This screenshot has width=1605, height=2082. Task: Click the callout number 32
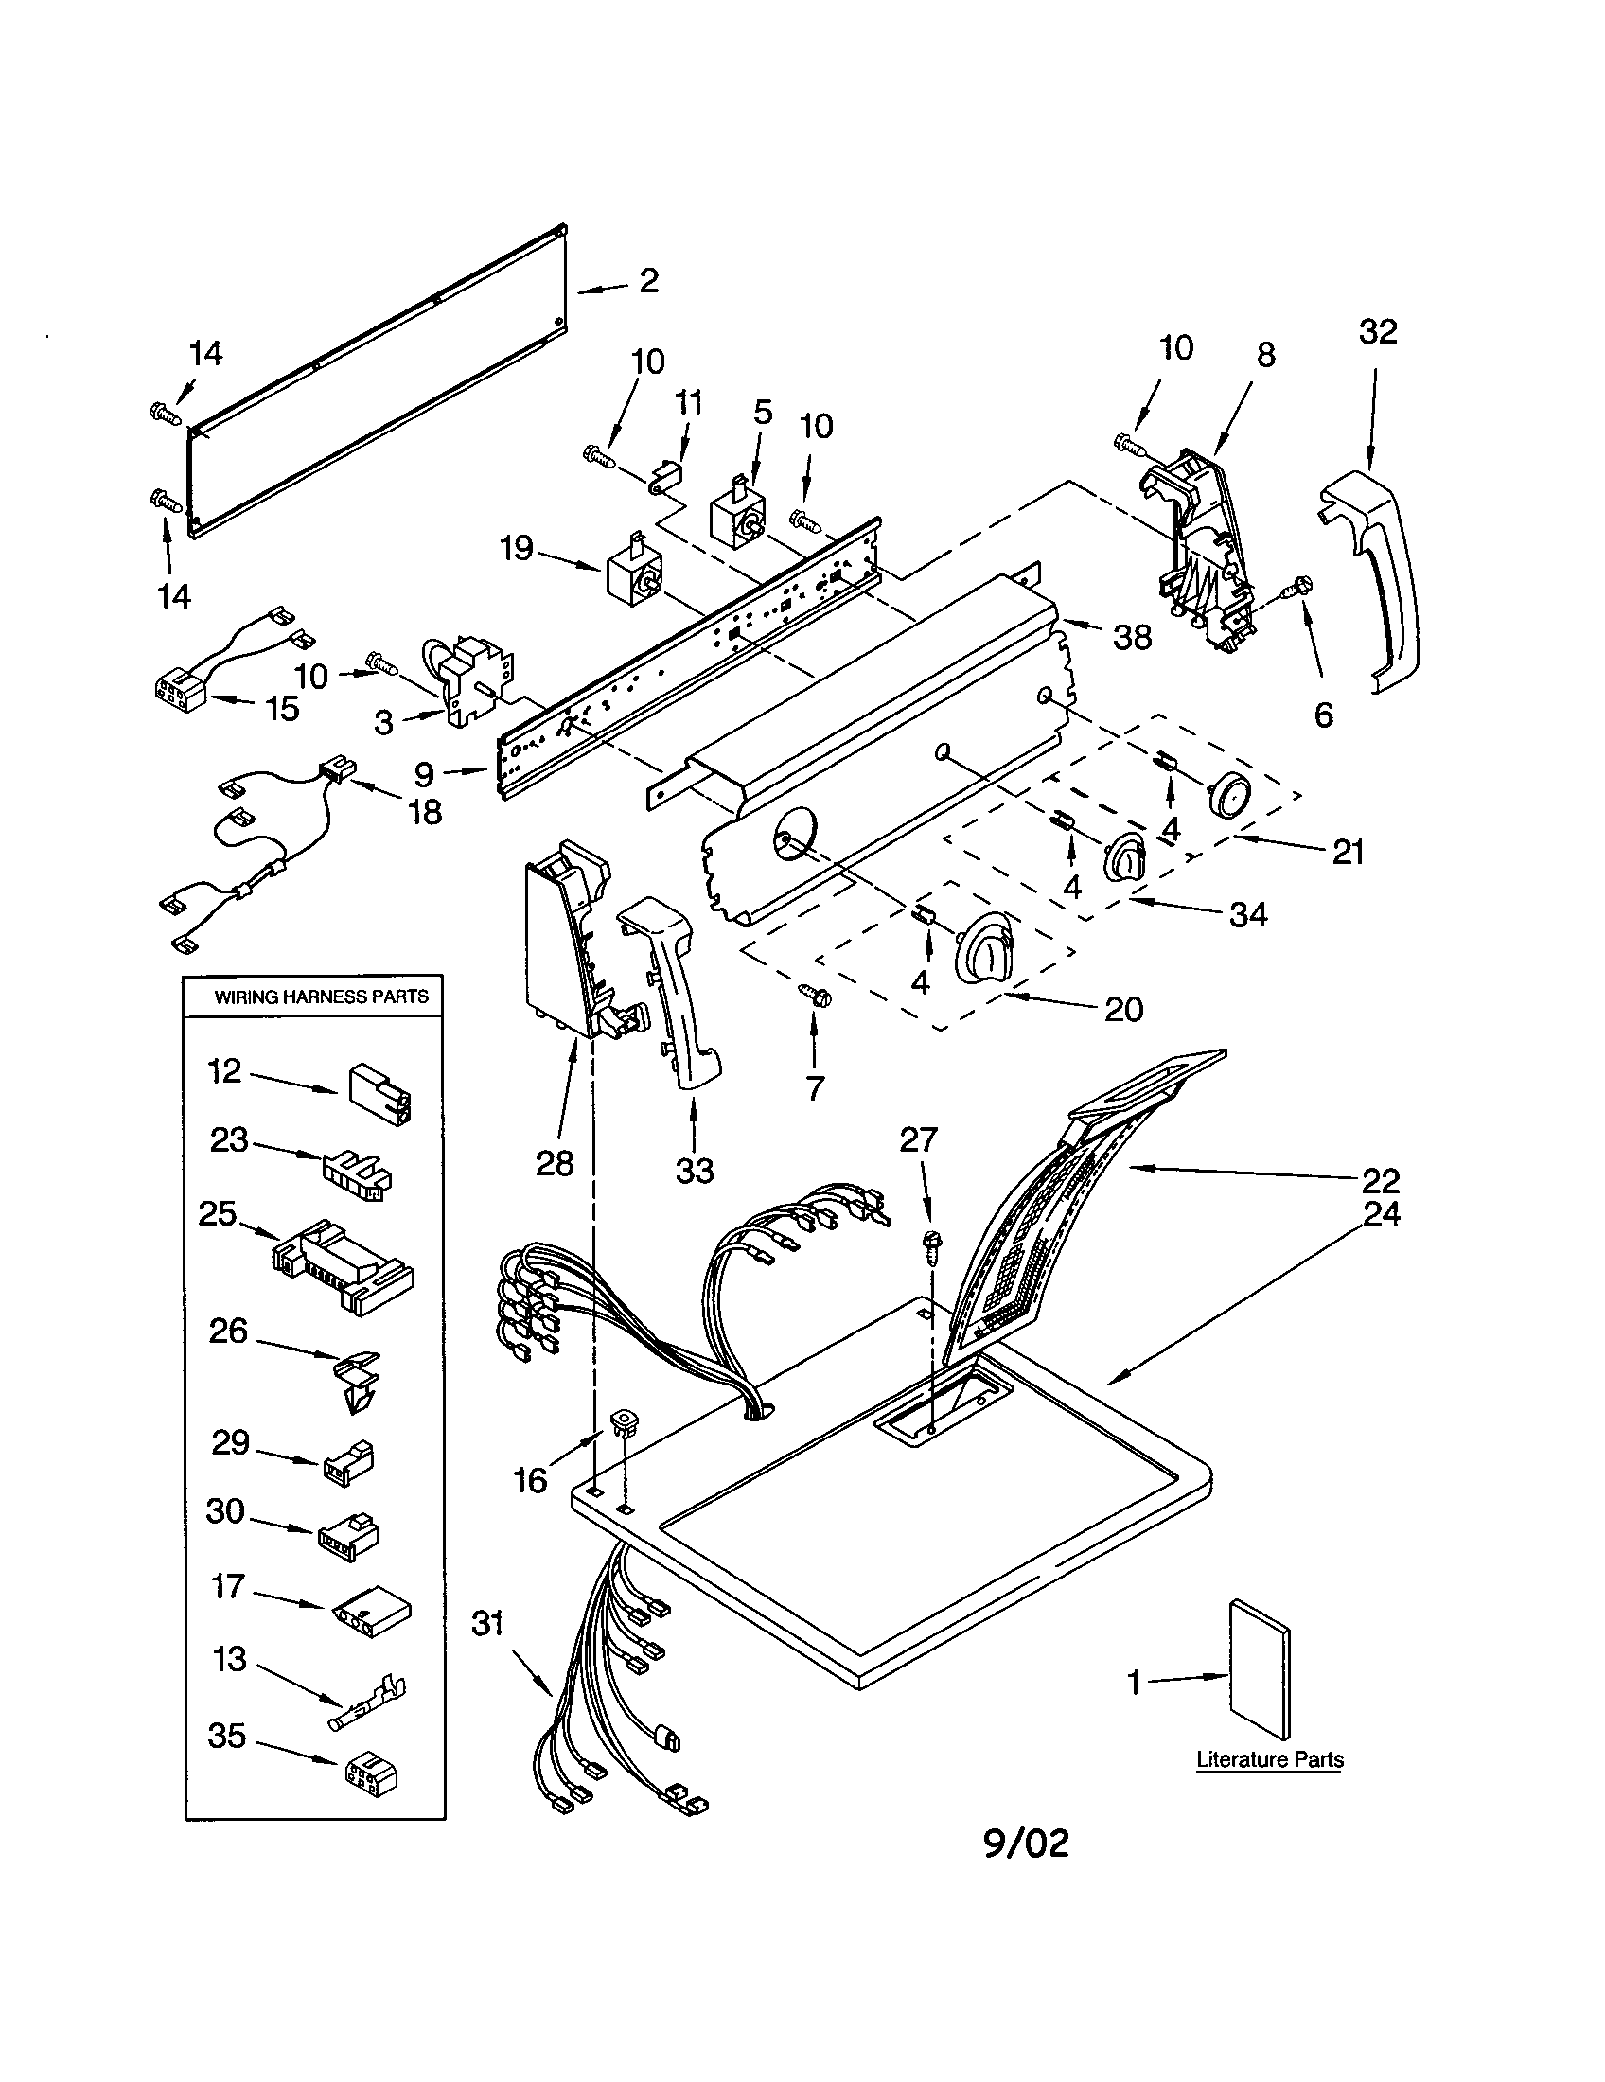point(1378,332)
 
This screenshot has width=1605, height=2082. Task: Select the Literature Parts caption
point(1269,1760)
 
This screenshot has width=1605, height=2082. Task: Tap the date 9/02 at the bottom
point(1026,1844)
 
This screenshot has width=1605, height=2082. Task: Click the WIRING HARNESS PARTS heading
point(321,997)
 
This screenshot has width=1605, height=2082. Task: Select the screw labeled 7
point(816,995)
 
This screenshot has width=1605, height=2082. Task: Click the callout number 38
point(1132,637)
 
